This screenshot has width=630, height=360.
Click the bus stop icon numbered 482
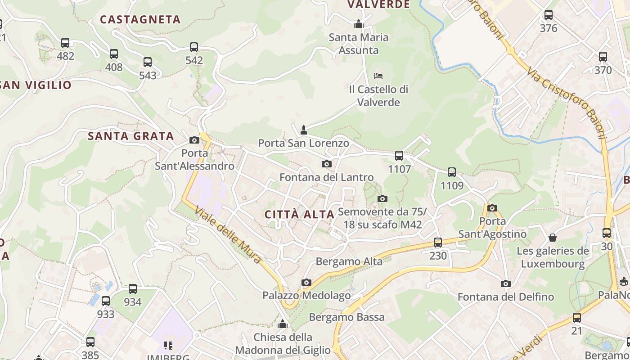point(65,43)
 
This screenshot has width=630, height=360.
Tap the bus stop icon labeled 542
point(194,47)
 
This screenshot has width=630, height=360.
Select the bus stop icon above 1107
point(399,156)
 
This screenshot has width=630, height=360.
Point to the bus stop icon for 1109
point(452,172)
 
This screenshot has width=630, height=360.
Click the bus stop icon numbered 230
point(438,243)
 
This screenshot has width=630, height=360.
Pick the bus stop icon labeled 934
point(133,288)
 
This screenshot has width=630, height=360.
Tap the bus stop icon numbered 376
point(548,14)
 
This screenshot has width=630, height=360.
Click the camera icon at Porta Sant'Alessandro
point(194,140)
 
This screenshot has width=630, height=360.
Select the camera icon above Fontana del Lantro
point(327,164)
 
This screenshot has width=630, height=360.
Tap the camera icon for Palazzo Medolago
point(306,282)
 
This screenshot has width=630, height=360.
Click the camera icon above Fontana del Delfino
point(505,283)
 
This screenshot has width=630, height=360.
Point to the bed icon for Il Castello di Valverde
point(378,76)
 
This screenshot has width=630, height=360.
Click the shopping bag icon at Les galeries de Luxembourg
point(553,237)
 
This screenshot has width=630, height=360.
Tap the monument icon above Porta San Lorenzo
point(304,130)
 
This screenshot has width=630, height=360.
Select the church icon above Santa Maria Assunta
point(359,23)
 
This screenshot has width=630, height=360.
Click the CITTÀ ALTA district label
point(299,214)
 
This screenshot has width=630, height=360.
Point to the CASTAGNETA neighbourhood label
point(140,19)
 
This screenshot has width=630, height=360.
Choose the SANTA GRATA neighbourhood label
point(130,136)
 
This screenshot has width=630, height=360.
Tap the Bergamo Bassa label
point(346,317)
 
